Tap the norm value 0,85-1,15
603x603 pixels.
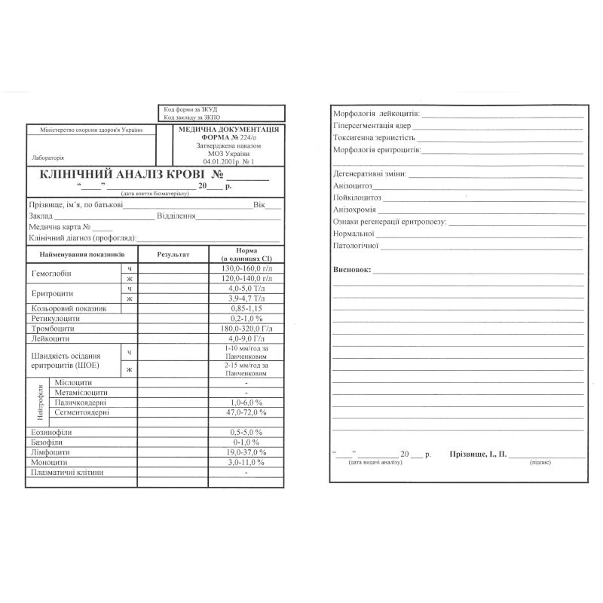click(246, 308)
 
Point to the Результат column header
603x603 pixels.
click(173, 254)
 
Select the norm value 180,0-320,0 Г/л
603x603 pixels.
click(246, 329)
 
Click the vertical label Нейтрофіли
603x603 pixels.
click(40, 403)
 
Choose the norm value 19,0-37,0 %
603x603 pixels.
click(246, 451)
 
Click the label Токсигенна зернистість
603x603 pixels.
click(374, 138)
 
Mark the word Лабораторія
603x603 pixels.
click(49, 158)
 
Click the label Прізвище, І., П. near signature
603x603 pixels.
click(478, 455)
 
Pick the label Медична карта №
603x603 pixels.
click(60, 227)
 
